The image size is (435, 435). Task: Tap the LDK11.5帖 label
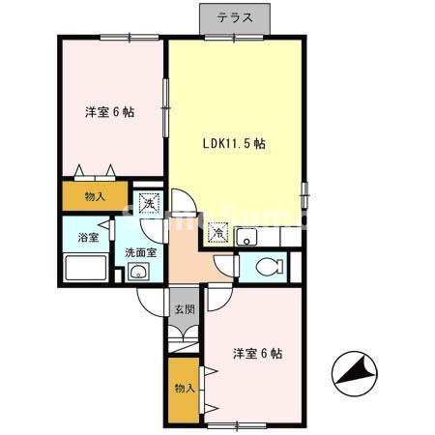click(234, 143)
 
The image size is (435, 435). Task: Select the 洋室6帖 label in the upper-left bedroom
click(107, 111)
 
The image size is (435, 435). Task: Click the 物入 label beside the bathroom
click(95, 196)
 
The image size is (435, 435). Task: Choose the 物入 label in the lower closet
click(183, 388)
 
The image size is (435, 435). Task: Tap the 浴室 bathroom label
click(87, 236)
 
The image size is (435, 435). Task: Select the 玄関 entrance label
click(184, 309)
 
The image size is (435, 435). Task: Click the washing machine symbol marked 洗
click(147, 203)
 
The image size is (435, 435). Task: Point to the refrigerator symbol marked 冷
click(219, 233)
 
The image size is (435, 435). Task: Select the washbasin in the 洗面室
click(136, 273)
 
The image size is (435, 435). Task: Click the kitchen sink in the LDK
click(247, 234)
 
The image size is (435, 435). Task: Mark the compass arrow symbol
click(352, 369)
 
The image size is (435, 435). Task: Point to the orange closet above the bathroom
click(94, 195)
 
